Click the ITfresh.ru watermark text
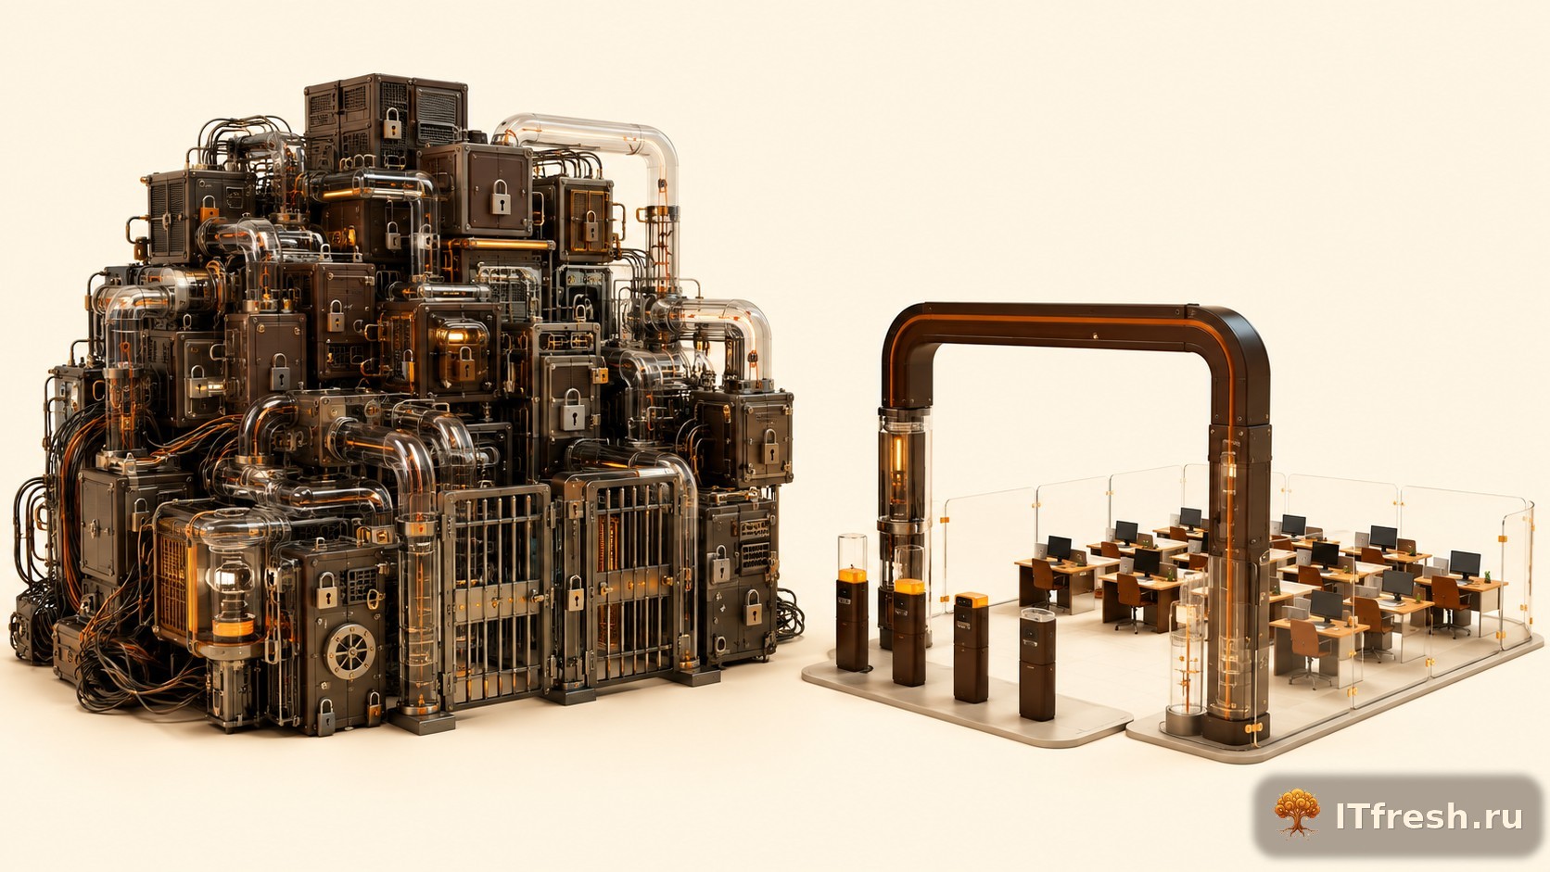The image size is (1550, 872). (1429, 816)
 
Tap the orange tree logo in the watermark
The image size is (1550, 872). (1297, 813)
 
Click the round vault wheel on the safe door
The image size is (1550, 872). (350, 651)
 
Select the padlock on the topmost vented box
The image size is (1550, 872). (392, 123)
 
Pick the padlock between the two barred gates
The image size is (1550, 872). (576, 593)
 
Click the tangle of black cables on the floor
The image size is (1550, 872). (138, 675)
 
